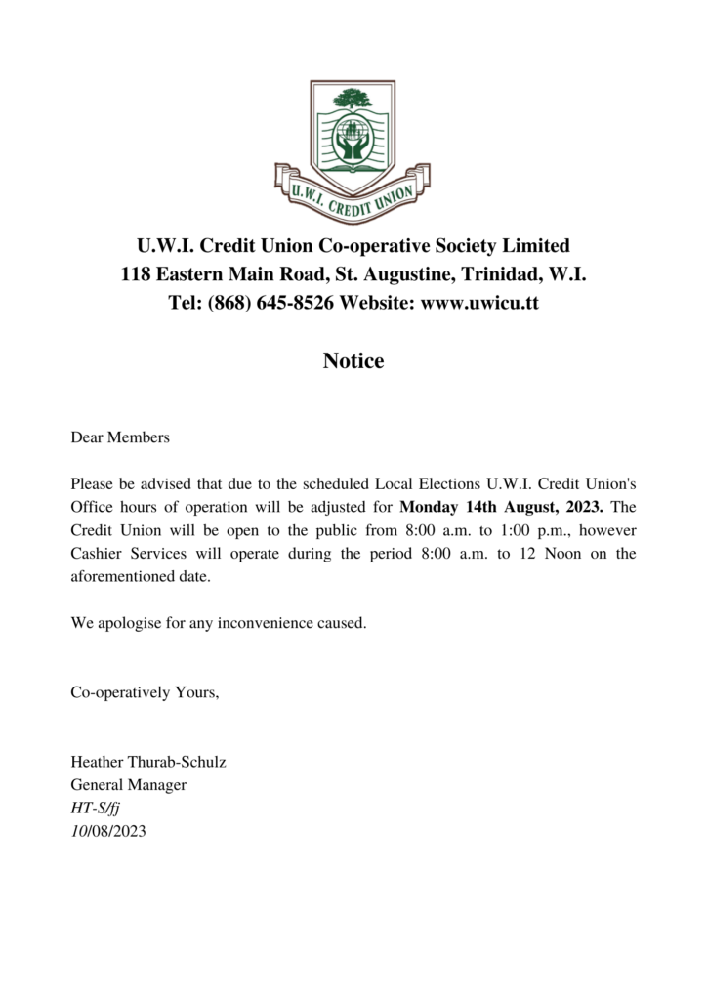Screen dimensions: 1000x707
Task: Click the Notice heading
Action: [x=353, y=361]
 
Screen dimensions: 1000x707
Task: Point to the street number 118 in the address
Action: [x=136, y=273]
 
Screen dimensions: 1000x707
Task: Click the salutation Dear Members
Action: [x=120, y=437]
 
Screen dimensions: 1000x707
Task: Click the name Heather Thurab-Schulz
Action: [x=148, y=762]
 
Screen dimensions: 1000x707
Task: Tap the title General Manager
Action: [x=128, y=785]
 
